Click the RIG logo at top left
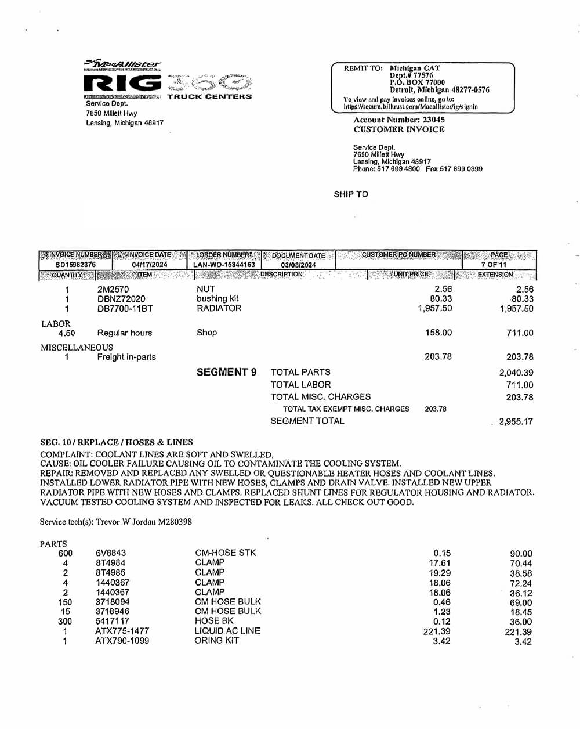pyautogui.click(x=122, y=83)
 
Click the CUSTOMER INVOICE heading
pyautogui.click(x=399, y=129)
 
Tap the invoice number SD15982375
pyautogui.click(x=75, y=265)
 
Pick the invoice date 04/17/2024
pyautogui.click(x=150, y=265)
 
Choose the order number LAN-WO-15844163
pyautogui.click(x=224, y=265)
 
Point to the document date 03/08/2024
pyautogui.click(x=298, y=265)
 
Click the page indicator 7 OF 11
pyautogui.click(x=494, y=265)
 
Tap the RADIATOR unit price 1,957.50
pyautogui.click(x=434, y=309)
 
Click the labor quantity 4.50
pyautogui.click(x=67, y=333)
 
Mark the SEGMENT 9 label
pyautogui.click(x=226, y=373)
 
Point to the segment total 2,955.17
pyautogui.click(x=516, y=422)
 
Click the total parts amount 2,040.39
pyautogui.click(x=516, y=373)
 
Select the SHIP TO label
pyautogui.click(x=351, y=194)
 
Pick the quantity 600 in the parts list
pyautogui.click(x=66, y=553)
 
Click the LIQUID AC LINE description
pyautogui.click(x=227, y=631)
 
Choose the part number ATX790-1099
pyautogui.click(x=122, y=641)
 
